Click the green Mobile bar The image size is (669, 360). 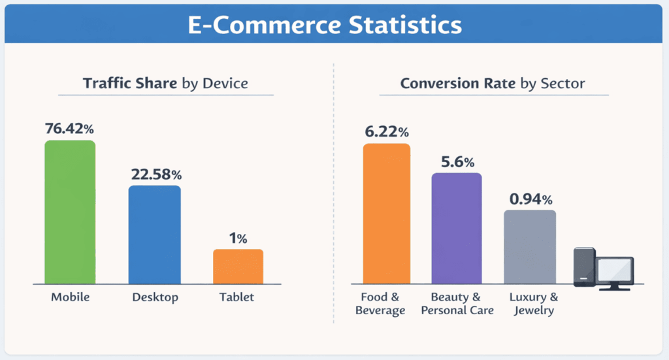click(x=69, y=212)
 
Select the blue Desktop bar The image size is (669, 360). click(x=154, y=235)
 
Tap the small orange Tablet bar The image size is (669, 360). click(x=238, y=266)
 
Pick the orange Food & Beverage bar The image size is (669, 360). click(x=386, y=214)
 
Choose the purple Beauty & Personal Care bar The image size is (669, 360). click(x=457, y=228)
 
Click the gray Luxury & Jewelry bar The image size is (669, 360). click(x=530, y=247)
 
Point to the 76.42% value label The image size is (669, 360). click(x=70, y=129)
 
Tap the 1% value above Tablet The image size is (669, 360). click(x=238, y=238)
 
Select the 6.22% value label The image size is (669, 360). click(x=386, y=132)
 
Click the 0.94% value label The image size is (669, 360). click(x=530, y=199)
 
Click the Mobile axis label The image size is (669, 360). click(x=70, y=297)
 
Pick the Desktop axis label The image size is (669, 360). click(x=155, y=297)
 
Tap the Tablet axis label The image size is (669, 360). click(x=237, y=297)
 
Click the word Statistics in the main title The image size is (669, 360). click(x=395, y=25)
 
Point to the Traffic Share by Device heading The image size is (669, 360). click(x=165, y=84)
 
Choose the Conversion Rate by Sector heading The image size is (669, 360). click(x=493, y=84)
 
